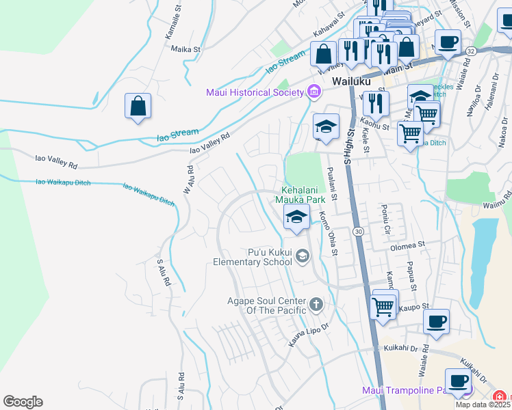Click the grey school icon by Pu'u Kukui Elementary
coord(303,256)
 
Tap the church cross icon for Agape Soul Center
coord(316,303)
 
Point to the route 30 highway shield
coord(358,232)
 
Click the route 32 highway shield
coord(470,51)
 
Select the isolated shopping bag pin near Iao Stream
coord(138,107)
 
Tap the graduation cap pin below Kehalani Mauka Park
coord(296,218)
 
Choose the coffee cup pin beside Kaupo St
coord(436,322)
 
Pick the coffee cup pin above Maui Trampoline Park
coord(459,381)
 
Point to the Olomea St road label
coord(407,244)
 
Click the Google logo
coord(23,401)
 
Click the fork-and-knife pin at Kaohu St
coord(376,103)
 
